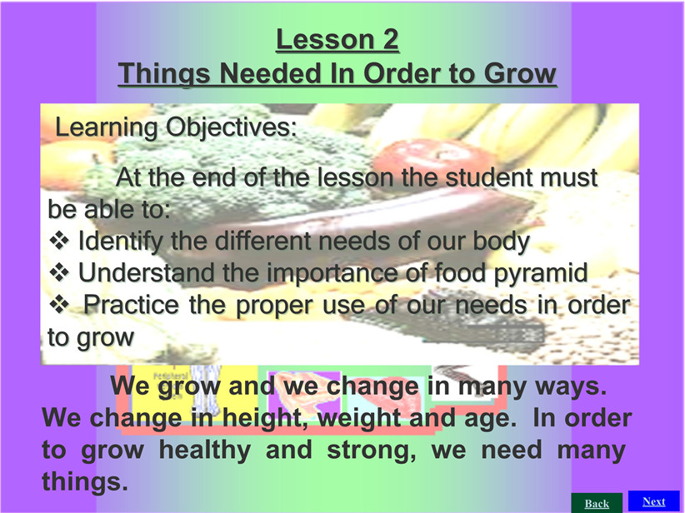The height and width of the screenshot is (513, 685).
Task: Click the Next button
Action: tap(653, 501)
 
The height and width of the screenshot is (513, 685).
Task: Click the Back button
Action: tap(597, 503)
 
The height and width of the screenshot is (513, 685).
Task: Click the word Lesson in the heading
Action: tap(323, 40)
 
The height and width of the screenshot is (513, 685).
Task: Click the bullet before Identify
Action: tap(59, 241)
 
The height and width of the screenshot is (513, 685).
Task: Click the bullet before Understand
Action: tap(59, 273)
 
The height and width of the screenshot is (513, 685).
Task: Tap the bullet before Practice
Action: tap(59, 305)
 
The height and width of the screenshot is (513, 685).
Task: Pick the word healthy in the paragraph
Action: tap(204, 451)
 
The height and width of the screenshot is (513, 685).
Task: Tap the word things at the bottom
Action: tap(85, 482)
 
